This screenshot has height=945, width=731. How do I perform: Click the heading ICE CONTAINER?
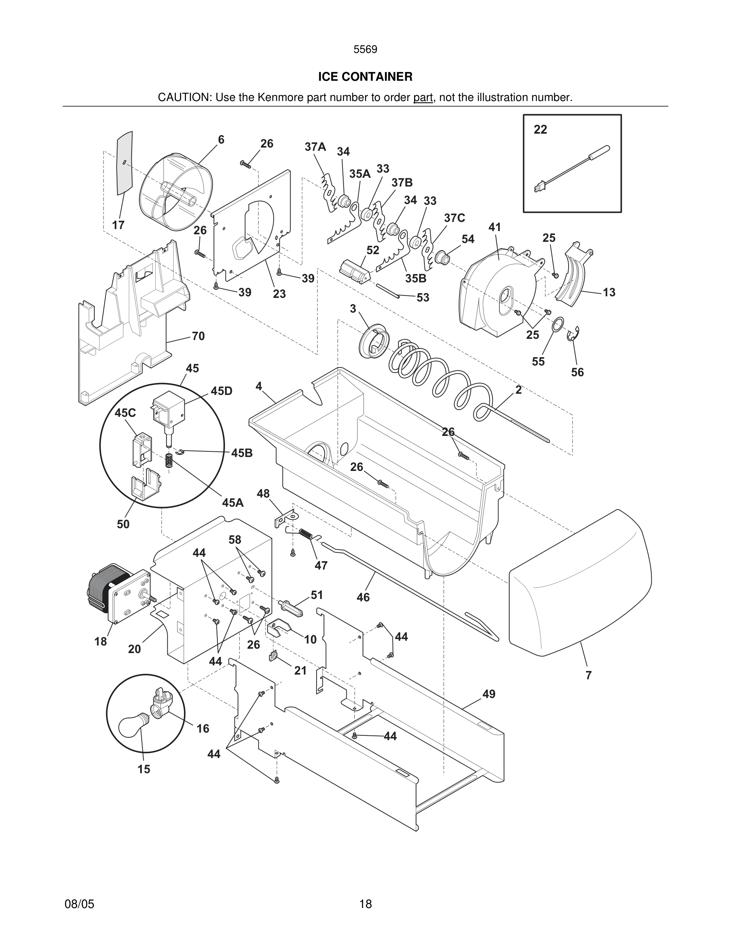click(365, 77)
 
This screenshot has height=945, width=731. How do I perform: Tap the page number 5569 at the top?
click(365, 49)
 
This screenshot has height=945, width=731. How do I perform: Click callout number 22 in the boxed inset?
click(540, 129)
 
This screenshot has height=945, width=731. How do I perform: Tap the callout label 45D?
click(221, 391)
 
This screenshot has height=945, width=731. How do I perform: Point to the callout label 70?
click(198, 336)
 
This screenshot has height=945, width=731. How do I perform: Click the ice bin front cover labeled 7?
click(580, 581)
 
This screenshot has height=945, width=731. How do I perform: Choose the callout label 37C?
click(454, 218)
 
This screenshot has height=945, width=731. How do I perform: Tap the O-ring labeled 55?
click(558, 325)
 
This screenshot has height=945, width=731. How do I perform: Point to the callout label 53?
click(423, 297)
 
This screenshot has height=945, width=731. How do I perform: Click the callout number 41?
click(494, 227)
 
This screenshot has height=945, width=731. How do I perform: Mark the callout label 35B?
click(416, 279)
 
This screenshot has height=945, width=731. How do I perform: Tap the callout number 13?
click(609, 292)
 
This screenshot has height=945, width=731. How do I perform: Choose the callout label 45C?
click(125, 413)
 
